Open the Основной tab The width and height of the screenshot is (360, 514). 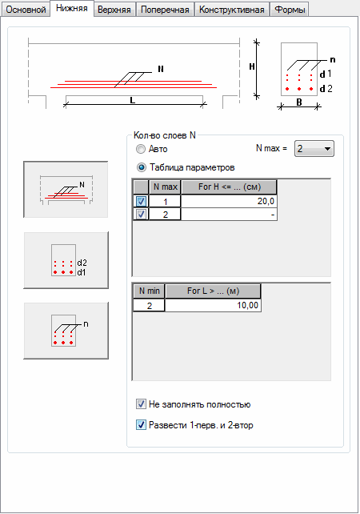[x=26, y=9]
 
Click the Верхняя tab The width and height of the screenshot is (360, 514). [x=114, y=9]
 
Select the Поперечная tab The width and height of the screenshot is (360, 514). [x=165, y=9]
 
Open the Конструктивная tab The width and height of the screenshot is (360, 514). [x=231, y=9]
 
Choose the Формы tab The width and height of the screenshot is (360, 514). [x=290, y=9]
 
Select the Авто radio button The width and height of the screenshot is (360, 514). [x=141, y=149]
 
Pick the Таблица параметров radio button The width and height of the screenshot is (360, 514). [x=141, y=167]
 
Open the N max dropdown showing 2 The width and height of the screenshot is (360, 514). [x=314, y=149]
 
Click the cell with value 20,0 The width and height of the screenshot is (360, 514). [x=229, y=201]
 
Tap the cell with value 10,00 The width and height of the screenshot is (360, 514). [x=213, y=306]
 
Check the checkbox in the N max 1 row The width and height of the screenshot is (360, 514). [x=141, y=201]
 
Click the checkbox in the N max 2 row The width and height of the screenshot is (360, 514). [x=141, y=215]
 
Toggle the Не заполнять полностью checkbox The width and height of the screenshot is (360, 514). [x=141, y=404]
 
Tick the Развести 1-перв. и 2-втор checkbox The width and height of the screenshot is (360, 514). [x=141, y=425]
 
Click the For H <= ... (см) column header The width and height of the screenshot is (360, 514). [x=229, y=187]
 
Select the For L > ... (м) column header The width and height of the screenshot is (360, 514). [x=213, y=291]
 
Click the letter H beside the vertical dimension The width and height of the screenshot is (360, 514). [x=251, y=67]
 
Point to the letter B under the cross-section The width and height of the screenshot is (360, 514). [x=299, y=102]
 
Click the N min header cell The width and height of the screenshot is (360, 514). [x=149, y=291]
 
